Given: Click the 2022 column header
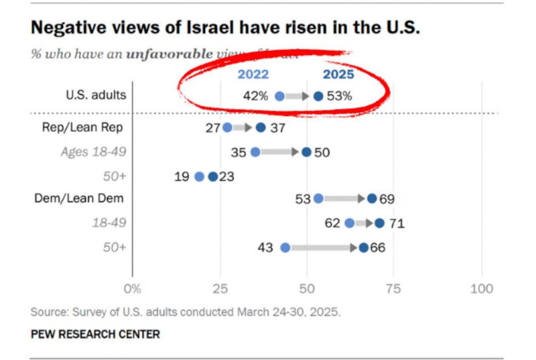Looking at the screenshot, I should pos(253,74).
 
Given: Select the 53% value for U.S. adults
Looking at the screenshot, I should pos(340,96).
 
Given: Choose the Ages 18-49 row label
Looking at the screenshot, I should pos(93,152).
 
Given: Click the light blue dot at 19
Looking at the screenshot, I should pos(199,176).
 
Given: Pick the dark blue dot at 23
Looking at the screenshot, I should pos(213,176).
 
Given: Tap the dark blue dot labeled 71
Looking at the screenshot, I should pos(380,223).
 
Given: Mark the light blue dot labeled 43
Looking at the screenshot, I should pos(285,247).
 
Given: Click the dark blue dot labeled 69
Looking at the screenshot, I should pos(372,198).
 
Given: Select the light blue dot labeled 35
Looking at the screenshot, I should pos(255,152).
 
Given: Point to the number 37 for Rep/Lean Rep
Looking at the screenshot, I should pos(277,127).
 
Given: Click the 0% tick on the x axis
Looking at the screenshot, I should pos(133,289).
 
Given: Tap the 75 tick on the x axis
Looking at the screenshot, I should pos(394,289).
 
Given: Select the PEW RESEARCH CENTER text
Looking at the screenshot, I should pos(95,333).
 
